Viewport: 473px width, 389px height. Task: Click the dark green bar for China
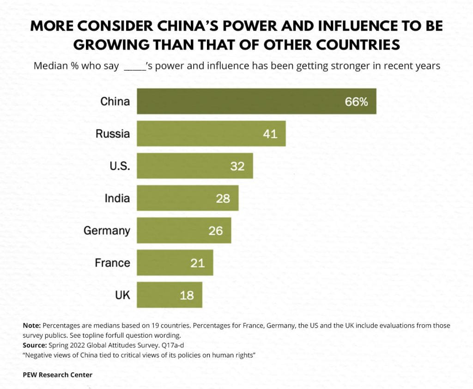click(256, 101)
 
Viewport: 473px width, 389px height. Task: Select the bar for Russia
click(211, 134)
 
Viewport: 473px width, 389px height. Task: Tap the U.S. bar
click(194, 166)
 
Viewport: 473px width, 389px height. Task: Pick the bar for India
click(188, 198)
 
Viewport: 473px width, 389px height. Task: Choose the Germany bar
click(184, 230)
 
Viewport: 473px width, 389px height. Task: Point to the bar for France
click(175, 263)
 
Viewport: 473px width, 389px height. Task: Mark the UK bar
click(169, 295)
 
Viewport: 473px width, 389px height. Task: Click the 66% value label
click(356, 102)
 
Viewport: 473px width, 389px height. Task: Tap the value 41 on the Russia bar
click(270, 134)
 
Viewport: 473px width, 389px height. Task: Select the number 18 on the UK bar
click(187, 295)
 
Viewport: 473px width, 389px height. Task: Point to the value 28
click(223, 198)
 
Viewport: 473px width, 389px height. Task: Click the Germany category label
click(107, 230)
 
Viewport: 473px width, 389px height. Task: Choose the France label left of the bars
click(112, 263)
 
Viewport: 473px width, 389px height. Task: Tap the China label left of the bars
click(115, 101)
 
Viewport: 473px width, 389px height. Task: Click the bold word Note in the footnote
click(31, 326)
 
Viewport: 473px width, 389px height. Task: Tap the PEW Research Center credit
click(57, 375)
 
